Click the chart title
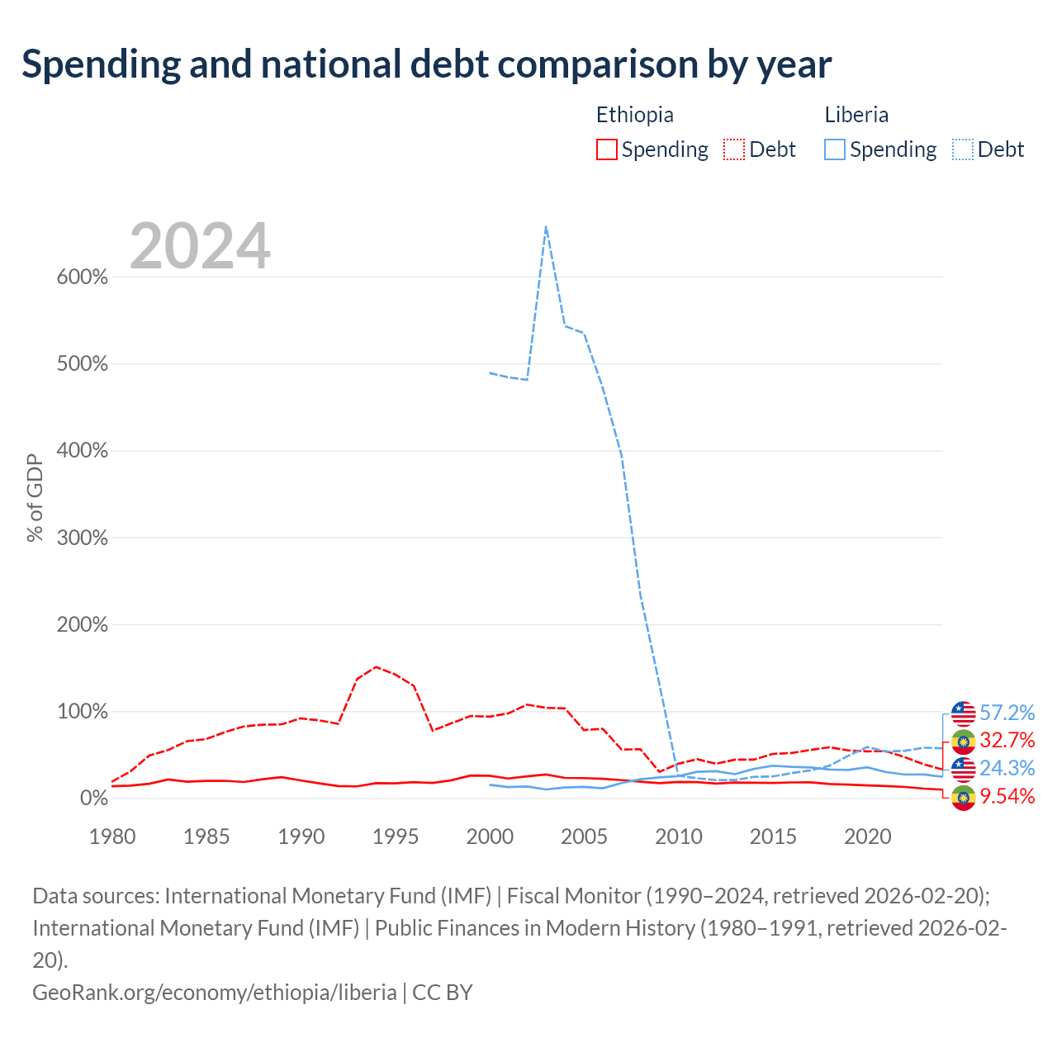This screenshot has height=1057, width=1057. (x=426, y=64)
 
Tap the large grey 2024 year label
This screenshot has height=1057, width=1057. (x=200, y=245)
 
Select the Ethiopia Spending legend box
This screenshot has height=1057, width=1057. (x=606, y=149)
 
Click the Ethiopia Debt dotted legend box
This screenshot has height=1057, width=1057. (x=733, y=149)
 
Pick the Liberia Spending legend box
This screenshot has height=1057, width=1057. (x=834, y=149)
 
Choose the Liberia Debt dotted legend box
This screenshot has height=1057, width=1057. (x=962, y=149)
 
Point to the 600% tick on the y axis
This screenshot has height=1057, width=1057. (x=83, y=277)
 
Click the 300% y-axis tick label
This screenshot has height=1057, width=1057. (x=83, y=538)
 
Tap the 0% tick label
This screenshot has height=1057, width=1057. (x=94, y=798)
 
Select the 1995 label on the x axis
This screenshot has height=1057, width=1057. (x=395, y=837)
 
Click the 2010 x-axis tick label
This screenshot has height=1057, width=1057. (x=679, y=837)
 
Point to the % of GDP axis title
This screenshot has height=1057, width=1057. (x=35, y=498)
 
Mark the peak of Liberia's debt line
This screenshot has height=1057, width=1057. (x=546, y=226)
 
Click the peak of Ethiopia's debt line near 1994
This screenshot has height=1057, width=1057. (x=377, y=667)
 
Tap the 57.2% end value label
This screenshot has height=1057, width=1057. (x=1007, y=713)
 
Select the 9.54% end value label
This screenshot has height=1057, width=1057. (x=1007, y=796)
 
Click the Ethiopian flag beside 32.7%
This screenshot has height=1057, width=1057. (x=963, y=741)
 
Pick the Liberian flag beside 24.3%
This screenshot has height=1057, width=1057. (x=963, y=769)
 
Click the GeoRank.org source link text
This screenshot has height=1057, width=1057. (x=215, y=993)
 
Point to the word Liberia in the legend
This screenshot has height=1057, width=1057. (x=856, y=115)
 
